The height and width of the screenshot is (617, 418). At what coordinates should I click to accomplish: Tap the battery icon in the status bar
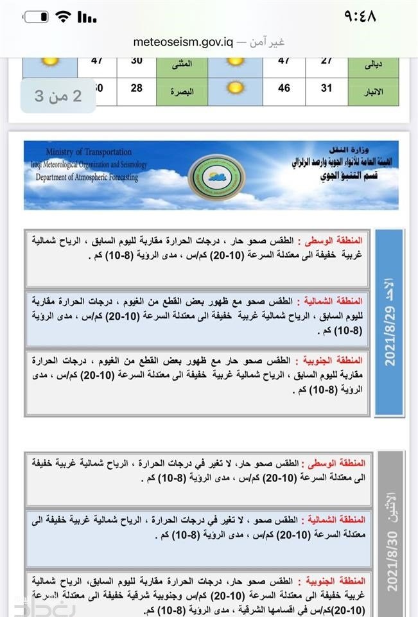(x=36, y=17)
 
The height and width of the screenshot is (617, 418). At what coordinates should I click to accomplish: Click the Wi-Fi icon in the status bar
(x=64, y=17)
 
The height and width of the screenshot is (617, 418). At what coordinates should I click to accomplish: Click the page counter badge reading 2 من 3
(x=58, y=96)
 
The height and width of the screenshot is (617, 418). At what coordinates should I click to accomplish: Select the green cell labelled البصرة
(x=178, y=91)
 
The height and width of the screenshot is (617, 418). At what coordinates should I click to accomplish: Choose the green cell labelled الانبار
(x=373, y=91)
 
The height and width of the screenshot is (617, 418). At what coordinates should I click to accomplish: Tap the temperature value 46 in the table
(x=284, y=88)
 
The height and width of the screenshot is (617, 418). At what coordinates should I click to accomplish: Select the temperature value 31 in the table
(x=326, y=88)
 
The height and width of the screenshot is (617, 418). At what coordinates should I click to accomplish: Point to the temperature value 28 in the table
(x=136, y=88)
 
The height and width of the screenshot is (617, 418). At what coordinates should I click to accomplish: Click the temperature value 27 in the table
(x=326, y=62)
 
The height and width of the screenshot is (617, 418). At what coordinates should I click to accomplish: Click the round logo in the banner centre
(x=216, y=177)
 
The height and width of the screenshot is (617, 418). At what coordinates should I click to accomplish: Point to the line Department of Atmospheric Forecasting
(x=87, y=177)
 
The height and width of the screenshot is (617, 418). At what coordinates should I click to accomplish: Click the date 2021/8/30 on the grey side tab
(x=390, y=562)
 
